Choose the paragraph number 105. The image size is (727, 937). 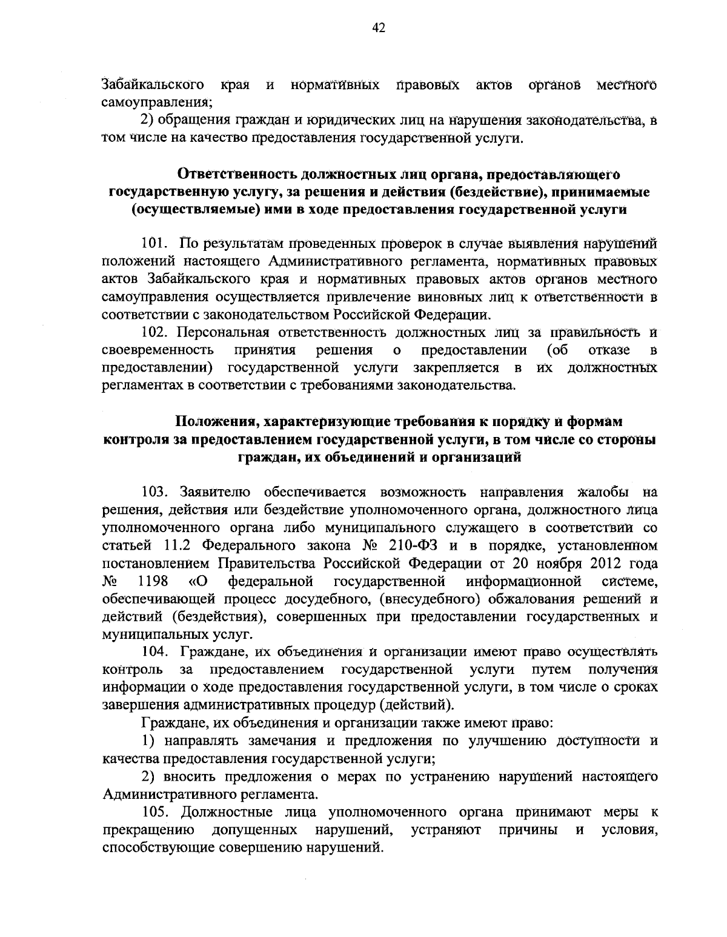155,812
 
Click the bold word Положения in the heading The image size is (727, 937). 214,421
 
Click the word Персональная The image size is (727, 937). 225,333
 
